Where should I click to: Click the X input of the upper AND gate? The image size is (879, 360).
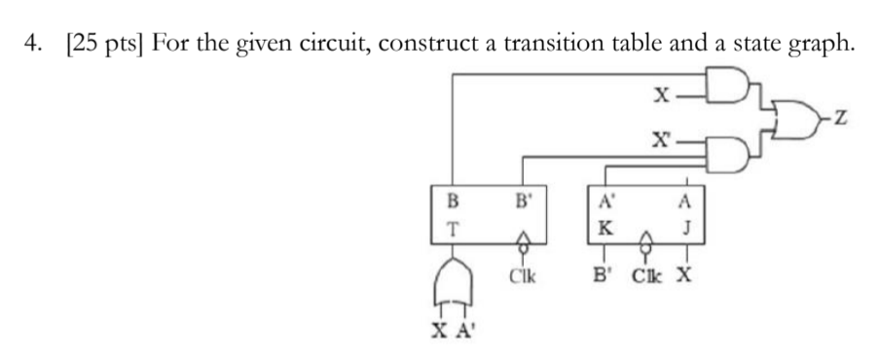point(661,94)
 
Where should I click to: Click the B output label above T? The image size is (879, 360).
point(451,203)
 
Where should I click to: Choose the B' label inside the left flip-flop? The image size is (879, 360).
point(525,203)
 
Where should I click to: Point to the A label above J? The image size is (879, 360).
point(687,204)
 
